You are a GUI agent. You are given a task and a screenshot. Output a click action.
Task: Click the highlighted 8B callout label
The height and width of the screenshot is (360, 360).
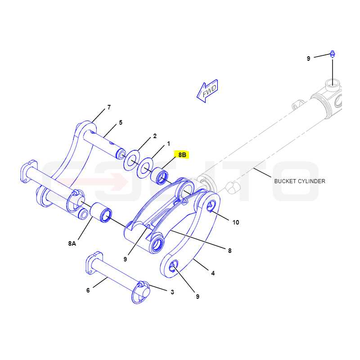pyautogui.click(x=182, y=155)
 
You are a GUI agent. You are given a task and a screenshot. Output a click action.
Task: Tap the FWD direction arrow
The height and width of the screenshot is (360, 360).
pyautogui.click(x=207, y=91)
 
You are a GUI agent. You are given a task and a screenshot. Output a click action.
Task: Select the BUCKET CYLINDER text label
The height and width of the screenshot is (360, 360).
pyautogui.click(x=300, y=181)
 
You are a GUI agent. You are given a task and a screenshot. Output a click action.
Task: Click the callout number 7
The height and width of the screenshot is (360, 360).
pyautogui.click(x=109, y=107)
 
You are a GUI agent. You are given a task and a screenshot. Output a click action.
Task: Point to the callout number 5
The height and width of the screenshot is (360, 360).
pyautogui.click(x=121, y=122)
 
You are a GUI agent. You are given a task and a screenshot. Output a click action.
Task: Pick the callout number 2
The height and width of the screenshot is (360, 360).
pyautogui.click(x=155, y=136)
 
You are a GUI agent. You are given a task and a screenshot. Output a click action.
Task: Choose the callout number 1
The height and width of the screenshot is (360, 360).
pyautogui.click(x=168, y=144)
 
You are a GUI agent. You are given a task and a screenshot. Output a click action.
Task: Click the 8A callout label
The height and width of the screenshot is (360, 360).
pyautogui.click(x=72, y=243)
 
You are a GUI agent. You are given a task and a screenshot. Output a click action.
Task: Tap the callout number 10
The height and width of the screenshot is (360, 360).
pyautogui.click(x=236, y=222)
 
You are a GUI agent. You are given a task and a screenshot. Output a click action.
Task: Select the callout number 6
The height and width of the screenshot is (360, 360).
pyautogui.click(x=88, y=290)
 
